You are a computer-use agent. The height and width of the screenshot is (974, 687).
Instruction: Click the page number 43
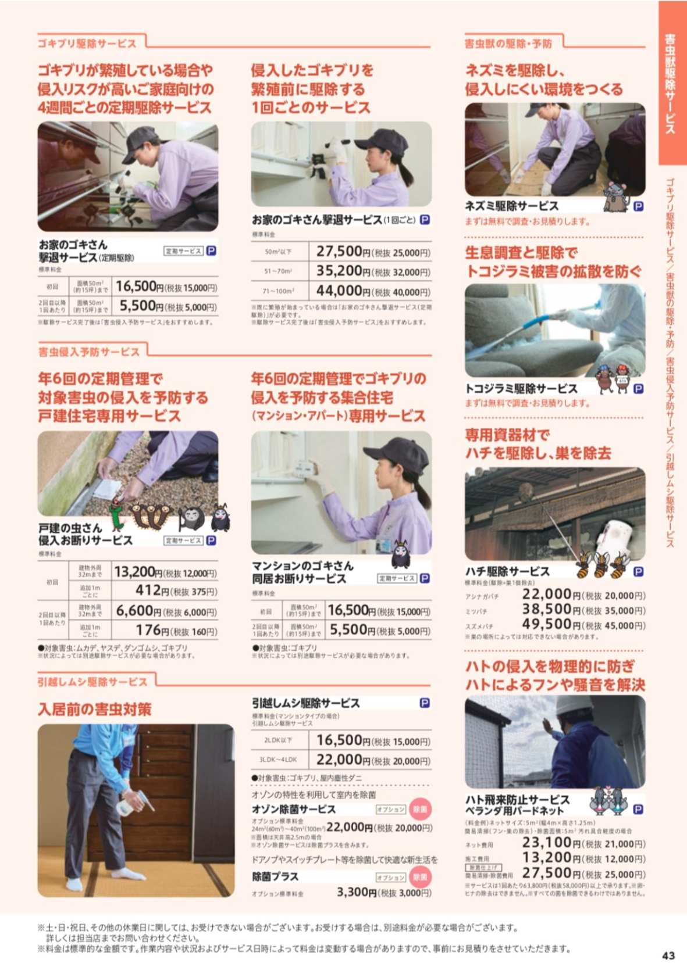[668, 955]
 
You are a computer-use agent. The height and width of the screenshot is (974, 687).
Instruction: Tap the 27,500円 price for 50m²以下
[339, 252]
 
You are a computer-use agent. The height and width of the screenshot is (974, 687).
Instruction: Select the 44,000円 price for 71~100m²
[339, 291]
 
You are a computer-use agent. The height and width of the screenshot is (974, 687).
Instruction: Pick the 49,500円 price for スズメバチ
[546, 625]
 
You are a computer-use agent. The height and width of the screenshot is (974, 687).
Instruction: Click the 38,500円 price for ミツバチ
[546, 610]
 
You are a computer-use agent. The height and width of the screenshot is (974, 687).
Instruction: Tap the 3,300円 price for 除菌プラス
[357, 892]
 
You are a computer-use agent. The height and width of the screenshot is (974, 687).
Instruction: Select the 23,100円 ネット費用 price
[547, 843]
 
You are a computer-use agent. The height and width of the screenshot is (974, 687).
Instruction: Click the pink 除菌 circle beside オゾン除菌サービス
[420, 809]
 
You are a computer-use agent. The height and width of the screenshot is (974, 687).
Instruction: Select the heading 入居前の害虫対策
[95, 709]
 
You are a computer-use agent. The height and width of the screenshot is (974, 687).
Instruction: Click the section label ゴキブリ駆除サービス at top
[87, 44]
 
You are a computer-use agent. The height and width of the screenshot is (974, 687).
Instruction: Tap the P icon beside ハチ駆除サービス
[638, 572]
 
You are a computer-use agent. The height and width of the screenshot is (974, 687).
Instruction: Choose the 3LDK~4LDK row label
[278, 760]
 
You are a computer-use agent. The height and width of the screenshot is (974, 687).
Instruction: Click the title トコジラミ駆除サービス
[521, 388]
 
